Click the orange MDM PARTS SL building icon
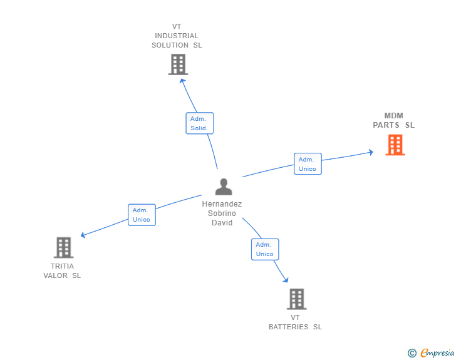pos(395,145)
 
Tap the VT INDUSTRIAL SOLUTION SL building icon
pos(178,64)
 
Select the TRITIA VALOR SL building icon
pos(63,247)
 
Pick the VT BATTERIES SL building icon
pos(296,299)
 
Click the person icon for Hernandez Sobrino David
pos(223,187)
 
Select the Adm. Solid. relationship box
pos(200,123)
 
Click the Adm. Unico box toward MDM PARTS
pos(308,164)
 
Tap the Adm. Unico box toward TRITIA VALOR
pos(142,215)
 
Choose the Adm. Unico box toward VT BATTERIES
pos(265,249)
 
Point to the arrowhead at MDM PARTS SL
pos(370,152)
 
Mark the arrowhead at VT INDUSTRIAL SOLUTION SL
pos(183,80)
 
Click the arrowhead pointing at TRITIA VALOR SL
pos(84,235)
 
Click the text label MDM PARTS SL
pos(394,120)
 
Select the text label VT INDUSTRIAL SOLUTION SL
pos(177,36)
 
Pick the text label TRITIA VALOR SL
pos(62,270)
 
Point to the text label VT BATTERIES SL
pos(295,322)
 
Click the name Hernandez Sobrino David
pos(222,213)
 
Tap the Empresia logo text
pos(437,353)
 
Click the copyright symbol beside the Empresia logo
pos(412,353)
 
